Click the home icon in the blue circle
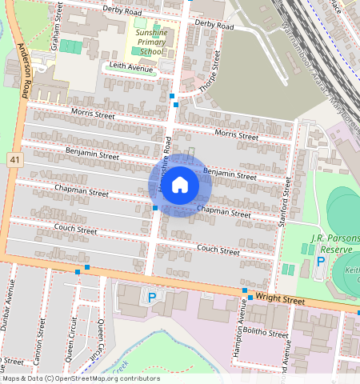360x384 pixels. (x=180, y=186)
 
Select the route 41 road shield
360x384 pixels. (x=14, y=161)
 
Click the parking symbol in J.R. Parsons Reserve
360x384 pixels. (x=321, y=261)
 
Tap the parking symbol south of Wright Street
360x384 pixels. (x=151, y=298)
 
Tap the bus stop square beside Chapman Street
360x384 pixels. (x=155, y=208)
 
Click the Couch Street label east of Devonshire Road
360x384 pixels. (x=218, y=250)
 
